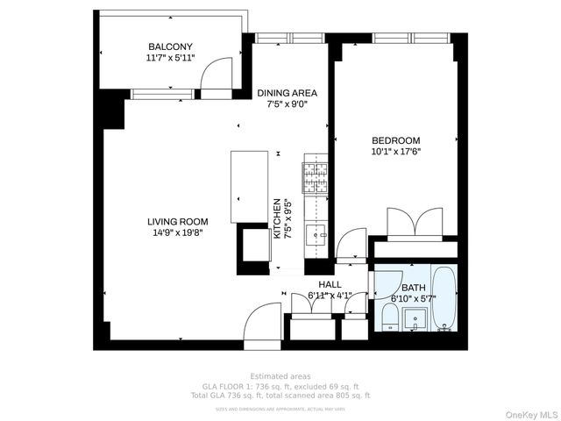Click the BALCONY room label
tap(170, 46)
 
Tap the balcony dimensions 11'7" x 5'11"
tap(170, 58)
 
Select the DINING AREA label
tap(287, 93)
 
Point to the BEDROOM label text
tap(395, 140)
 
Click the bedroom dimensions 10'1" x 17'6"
tap(395, 151)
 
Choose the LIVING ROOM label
tap(175, 221)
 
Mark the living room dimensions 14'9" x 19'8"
tap(175, 232)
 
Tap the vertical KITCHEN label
tap(277, 218)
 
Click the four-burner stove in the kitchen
tap(315, 178)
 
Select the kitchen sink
tap(315, 233)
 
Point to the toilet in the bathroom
tap(388, 317)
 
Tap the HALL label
tap(330, 285)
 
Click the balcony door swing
tap(215, 79)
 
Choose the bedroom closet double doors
tap(422, 220)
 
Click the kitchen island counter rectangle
tap(249, 186)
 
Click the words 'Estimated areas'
tap(280, 376)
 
